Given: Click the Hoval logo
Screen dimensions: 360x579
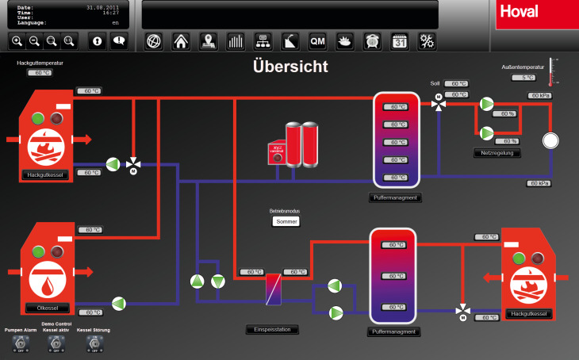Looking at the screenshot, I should click(537, 13).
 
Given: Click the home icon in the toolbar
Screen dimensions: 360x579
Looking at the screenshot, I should click(181, 41).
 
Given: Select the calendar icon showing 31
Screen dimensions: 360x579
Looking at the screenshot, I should click(400, 41).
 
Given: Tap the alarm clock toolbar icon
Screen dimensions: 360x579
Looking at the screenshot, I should click(372, 41).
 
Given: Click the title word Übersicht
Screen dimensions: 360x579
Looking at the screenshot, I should click(289, 67).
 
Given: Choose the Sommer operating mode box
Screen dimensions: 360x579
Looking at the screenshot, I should click(286, 222).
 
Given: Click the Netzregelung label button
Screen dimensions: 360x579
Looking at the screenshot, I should click(496, 152).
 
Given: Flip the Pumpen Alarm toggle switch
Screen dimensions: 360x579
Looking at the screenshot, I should click(20, 343).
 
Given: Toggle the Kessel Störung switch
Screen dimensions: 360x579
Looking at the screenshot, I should click(93, 343).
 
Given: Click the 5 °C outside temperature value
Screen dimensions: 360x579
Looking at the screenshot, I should click(523, 78).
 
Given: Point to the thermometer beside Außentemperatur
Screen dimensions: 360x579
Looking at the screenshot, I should click(553, 71).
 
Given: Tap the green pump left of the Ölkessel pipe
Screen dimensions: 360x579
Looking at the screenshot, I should click(119, 302).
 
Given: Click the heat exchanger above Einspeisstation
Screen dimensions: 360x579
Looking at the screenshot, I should click(272, 288).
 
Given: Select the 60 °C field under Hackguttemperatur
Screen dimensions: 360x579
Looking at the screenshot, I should click(40, 73).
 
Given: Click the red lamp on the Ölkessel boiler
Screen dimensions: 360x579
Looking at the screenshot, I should click(57, 251).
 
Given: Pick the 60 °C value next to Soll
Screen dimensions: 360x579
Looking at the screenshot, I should click(456, 83).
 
